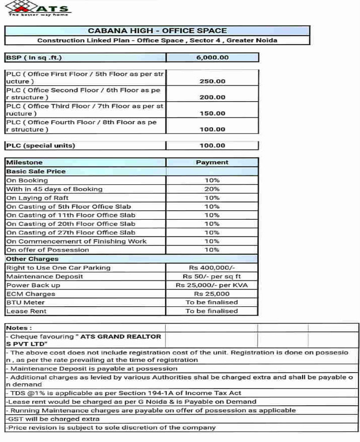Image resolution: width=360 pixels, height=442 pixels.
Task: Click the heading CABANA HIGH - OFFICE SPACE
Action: (x=157, y=31)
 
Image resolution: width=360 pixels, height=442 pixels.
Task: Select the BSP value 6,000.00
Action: (x=212, y=57)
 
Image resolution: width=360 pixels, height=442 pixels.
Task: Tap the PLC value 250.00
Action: (x=212, y=81)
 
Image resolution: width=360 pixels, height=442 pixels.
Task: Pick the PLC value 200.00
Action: (x=212, y=97)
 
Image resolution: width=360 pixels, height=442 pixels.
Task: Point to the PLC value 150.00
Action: (x=212, y=114)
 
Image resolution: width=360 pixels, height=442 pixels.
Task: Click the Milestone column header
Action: (x=25, y=163)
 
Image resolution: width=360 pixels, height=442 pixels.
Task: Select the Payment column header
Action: (x=212, y=163)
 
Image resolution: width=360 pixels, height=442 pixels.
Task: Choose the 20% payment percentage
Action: (x=212, y=189)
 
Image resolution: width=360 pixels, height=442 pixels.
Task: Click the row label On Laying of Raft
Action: (x=38, y=198)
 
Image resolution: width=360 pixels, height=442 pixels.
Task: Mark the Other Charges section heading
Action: (x=32, y=259)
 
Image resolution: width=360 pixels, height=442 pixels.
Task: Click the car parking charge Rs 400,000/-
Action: (x=212, y=268)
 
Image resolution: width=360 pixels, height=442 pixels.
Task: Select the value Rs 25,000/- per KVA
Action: (x=212, y=285)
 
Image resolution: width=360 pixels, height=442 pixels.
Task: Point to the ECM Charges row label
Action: (x=31, y=294)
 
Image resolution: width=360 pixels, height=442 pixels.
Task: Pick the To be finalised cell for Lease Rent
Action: (x=212, y=311)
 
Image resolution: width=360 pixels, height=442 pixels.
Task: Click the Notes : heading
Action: (x=19, y=328)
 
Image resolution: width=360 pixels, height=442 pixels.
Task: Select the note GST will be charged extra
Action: (x=49, y=419)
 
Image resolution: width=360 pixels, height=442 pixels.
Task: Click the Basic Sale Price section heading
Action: (x=36, y=171)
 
